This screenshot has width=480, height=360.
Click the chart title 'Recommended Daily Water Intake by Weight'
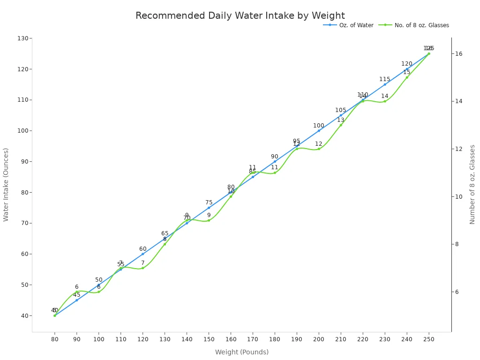tap(240, 16)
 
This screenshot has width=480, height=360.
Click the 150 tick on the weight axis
tap(209, 338)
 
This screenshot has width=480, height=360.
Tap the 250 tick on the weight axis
tap(428, 338)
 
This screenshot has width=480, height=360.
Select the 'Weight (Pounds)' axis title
tap(242, 352)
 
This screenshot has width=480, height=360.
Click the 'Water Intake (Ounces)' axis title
tap(6, 185)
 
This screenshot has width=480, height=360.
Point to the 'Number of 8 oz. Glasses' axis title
tap(472, 184)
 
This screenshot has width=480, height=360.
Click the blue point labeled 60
tap(143, 254)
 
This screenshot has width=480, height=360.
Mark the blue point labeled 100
tap(319, 131)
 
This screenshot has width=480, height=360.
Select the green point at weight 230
tap(385, 101)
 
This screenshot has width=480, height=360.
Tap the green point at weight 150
tap(209, 220)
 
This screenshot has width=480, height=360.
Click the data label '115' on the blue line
tap(385, 79)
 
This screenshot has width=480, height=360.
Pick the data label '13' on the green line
tap(341, 120)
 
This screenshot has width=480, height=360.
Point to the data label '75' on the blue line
tap(209, 202)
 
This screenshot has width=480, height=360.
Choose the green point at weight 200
tap(319, 149)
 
